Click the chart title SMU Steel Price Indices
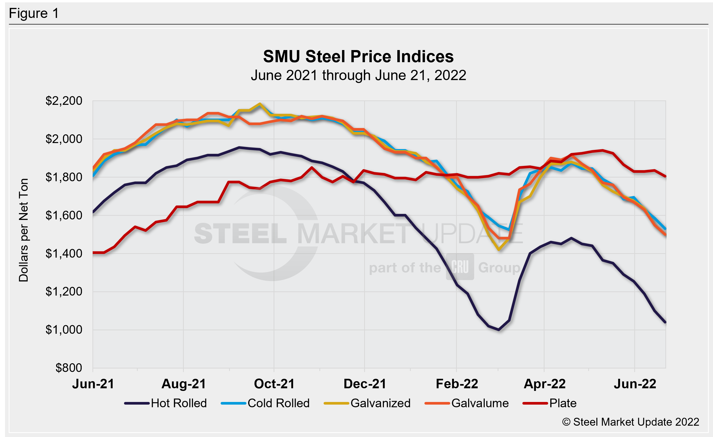click(358, 56)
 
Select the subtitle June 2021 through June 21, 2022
click(358, 76)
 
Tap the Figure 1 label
click(34, 13)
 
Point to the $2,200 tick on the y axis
click(64, 101)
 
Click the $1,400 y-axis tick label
click(64, 253)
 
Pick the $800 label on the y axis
click(68, 368)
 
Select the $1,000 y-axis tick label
click(64, 330)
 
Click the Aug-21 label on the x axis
click(184, 384)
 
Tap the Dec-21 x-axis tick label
click(365, 384)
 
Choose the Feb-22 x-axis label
click(457, 384)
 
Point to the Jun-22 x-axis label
click(635, 384)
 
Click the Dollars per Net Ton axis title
click(23, 230)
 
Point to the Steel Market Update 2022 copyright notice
click(631, 422)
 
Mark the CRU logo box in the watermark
click(460, 267)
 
